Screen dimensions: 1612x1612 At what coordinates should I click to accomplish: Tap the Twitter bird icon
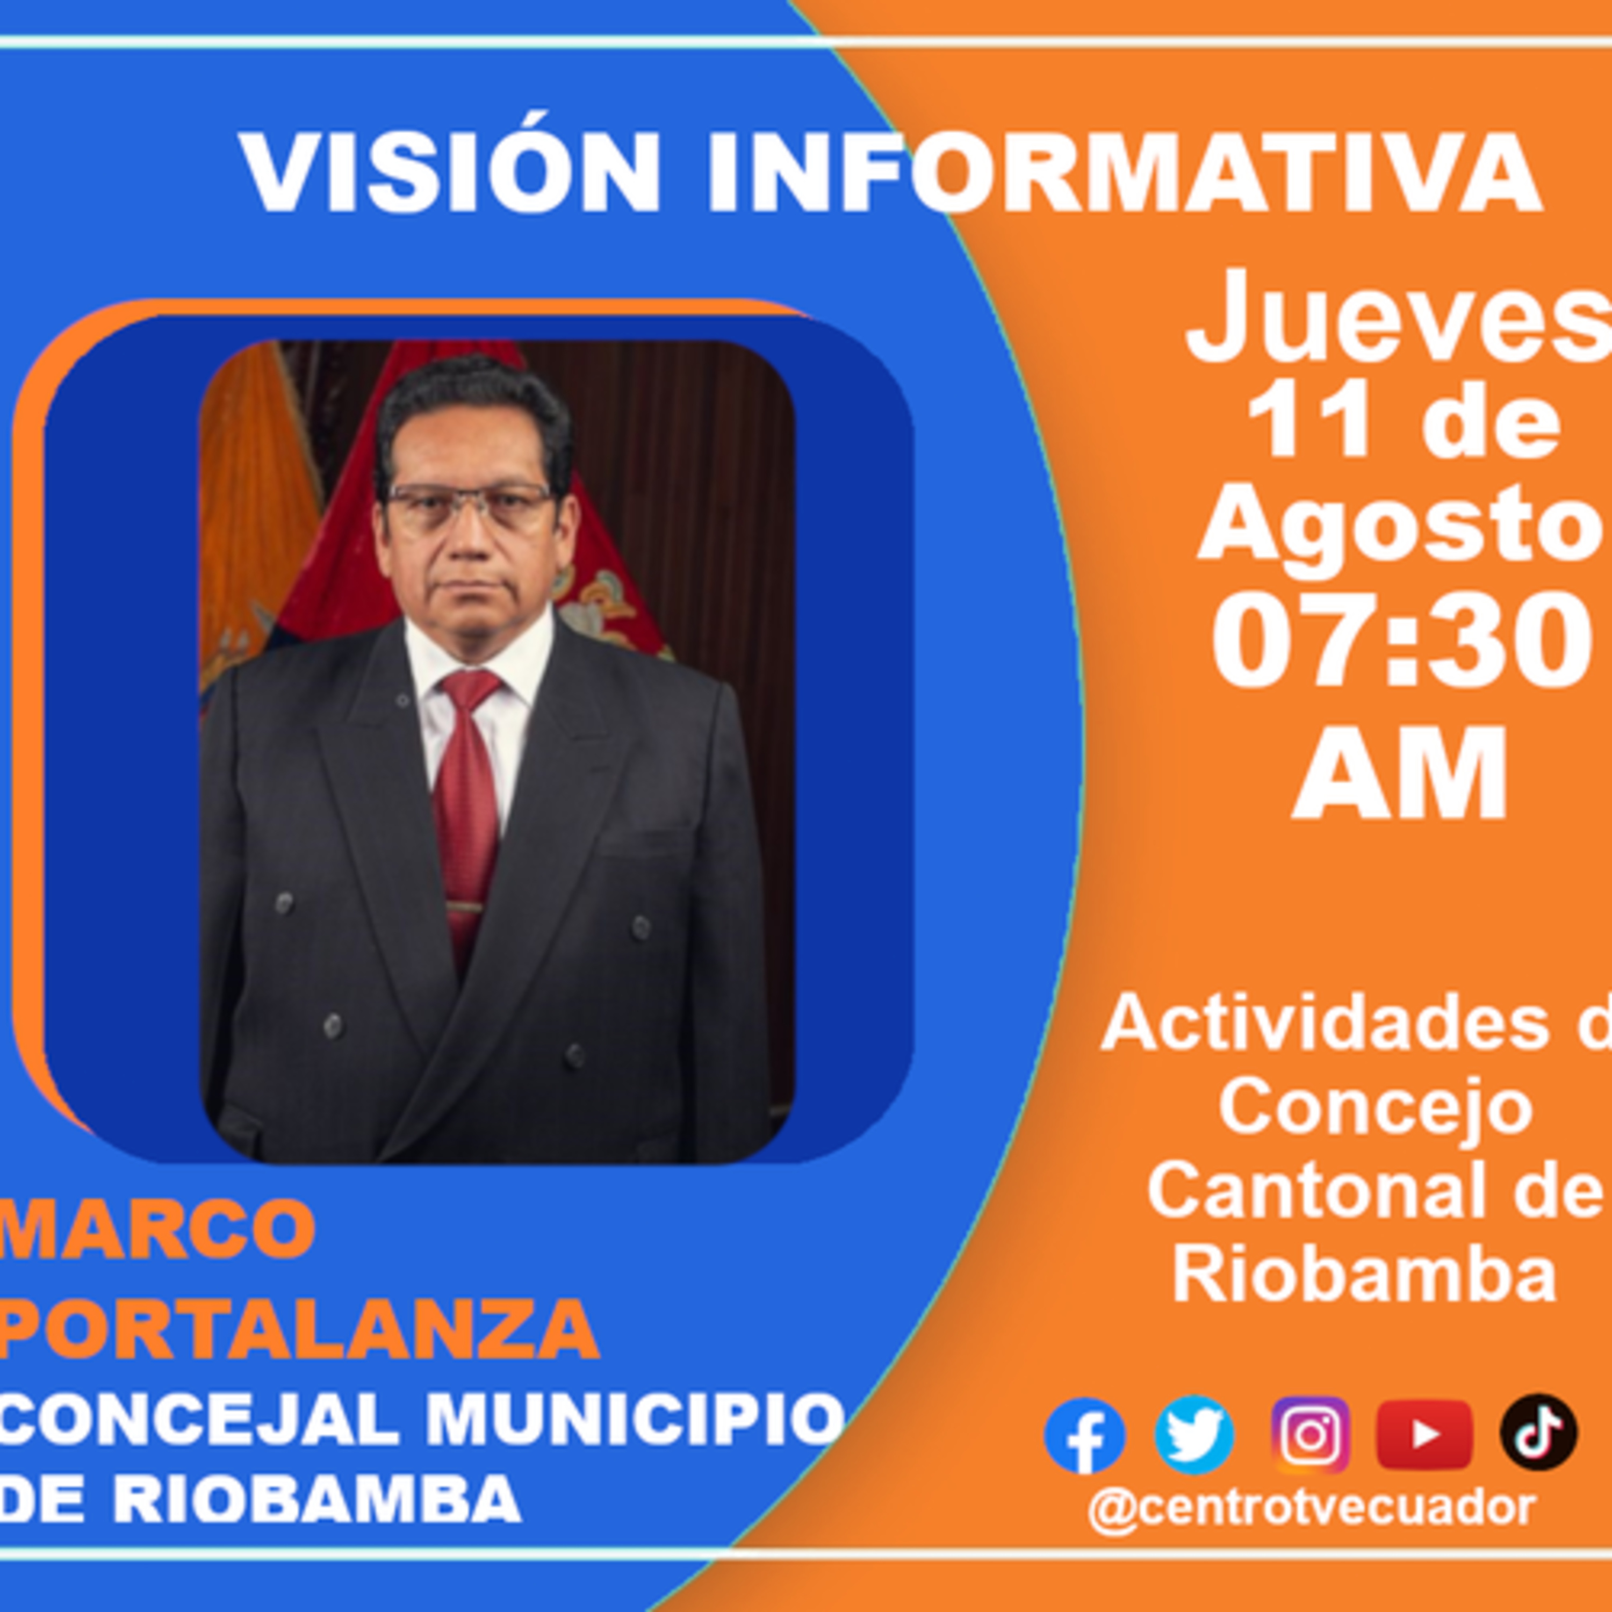click(1194, 1434)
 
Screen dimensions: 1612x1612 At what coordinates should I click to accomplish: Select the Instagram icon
click(1311, 1434)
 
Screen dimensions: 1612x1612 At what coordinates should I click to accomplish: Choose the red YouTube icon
click(1424, 1434)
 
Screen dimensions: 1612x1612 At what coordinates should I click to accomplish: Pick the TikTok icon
click(1538, 1432)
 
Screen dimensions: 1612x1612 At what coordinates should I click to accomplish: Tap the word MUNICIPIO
click(636, 1420)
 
